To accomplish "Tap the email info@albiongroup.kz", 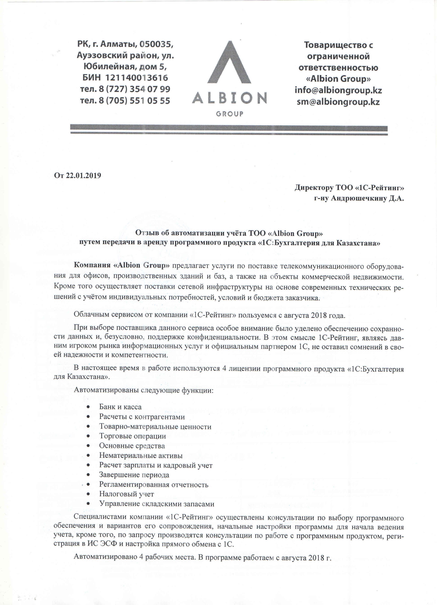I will click(x=338, y=90).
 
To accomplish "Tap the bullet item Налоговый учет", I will click(x=127, y=494).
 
